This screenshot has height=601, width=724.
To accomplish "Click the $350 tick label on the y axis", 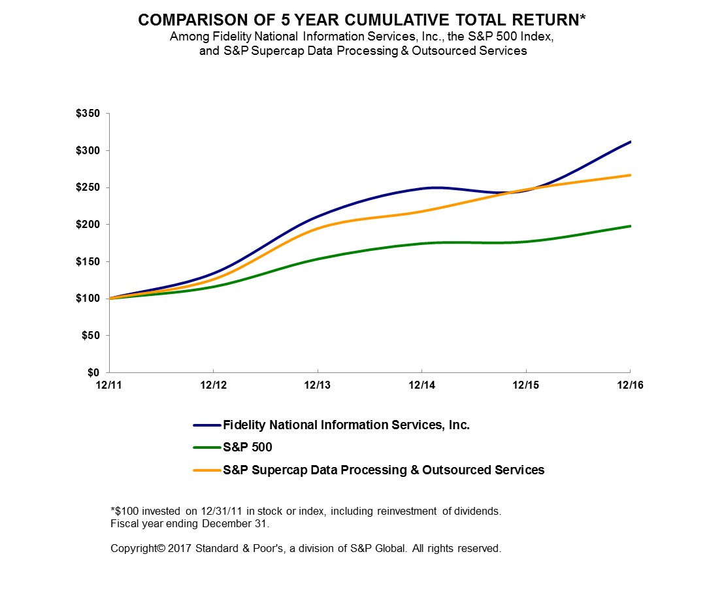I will [89, 114].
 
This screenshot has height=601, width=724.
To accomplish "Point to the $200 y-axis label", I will [89, 225].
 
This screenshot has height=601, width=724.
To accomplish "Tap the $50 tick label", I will [91, 336].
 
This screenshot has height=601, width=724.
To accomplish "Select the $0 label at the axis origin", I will [94, 372].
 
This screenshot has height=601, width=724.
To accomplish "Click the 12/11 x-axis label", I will [109, 385].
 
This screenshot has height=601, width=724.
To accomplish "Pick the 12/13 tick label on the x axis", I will [318, 385].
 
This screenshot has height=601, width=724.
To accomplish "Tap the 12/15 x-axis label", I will [526, 385].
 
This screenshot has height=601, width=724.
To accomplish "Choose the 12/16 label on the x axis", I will [630, 385].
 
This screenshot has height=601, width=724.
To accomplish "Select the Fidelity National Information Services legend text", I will [346, 425].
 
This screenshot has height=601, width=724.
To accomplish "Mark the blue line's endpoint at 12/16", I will [630, 142].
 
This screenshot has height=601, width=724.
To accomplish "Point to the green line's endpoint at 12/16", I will [630, 226].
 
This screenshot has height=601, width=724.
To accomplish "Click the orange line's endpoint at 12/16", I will [630, 175].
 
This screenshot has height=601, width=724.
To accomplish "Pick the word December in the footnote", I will [199, 523].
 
